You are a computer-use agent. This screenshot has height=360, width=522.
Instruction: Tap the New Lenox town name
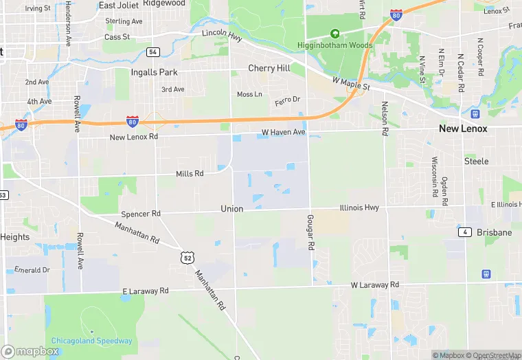[463, 128]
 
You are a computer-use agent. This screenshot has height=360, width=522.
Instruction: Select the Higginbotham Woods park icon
[335, 33]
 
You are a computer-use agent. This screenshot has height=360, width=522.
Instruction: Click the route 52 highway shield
[187, 256]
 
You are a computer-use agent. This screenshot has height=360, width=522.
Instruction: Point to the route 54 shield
[152, 52]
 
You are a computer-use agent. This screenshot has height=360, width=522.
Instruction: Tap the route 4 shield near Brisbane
[466, 232]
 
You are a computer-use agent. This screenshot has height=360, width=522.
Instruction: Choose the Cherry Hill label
[269, 69]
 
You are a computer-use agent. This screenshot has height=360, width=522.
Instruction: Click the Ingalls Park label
[155, 72]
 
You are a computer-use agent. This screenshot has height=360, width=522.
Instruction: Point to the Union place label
[231, 208]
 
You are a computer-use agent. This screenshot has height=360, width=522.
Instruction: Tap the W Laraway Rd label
[374, 284]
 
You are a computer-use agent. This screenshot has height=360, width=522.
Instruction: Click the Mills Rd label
[190, 174]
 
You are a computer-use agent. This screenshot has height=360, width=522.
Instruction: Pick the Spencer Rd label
[140, 214]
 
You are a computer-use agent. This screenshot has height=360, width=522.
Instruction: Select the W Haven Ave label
[283, 132]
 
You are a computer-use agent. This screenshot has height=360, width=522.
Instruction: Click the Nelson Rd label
[385, 117]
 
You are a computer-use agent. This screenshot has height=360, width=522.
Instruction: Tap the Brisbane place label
[495, 232]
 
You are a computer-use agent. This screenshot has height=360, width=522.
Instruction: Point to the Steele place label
[476, 161]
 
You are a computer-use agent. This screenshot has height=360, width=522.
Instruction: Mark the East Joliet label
[117, 5]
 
